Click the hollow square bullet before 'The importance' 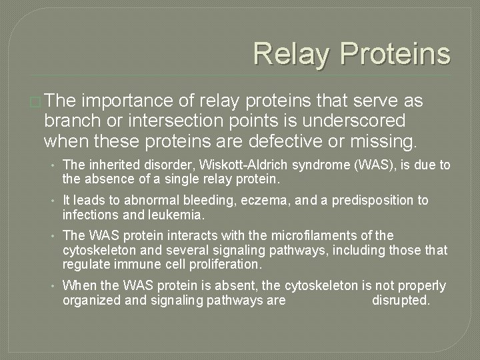tap(35, 101)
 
